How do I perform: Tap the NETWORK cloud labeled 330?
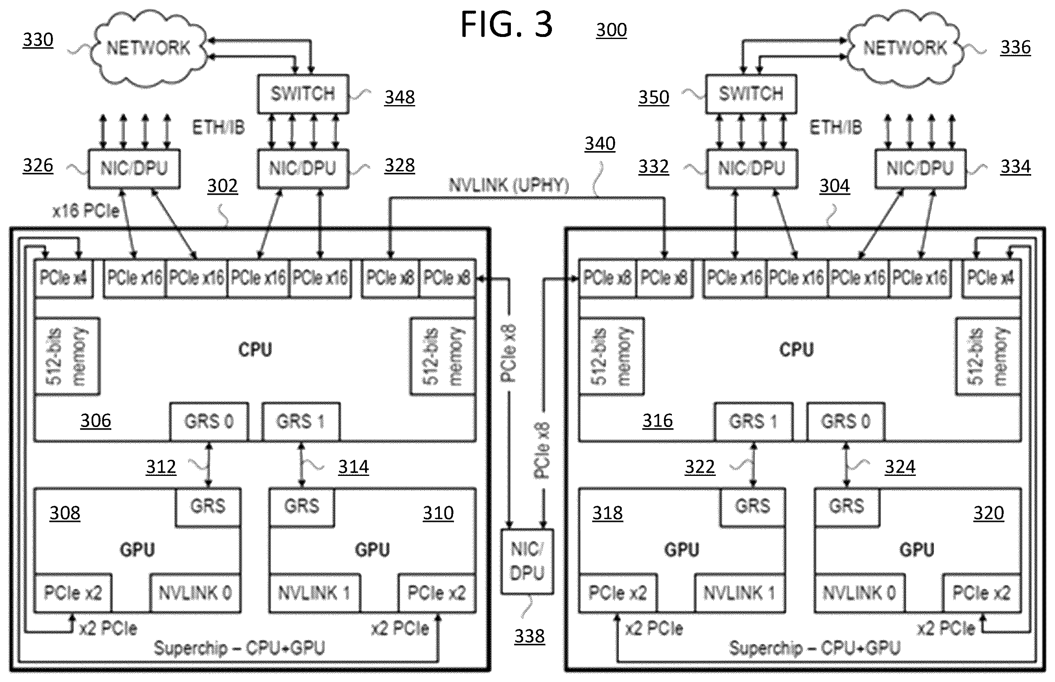click(148, 48)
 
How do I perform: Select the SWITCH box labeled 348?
click(303, 94)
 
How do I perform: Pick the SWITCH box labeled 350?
click(751, 94)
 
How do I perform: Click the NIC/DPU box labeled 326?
click(134, 169)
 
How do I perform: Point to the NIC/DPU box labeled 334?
click(920, 169)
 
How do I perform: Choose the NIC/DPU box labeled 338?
click(527, 561)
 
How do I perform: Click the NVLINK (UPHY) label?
click(508, 185)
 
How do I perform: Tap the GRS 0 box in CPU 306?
click(209, 422)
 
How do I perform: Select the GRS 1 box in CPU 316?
click(753, 422)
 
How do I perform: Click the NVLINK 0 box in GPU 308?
click(195, 593)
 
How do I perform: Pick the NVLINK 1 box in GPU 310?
click(315, 593)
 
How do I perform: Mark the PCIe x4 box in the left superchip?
click(63, 278)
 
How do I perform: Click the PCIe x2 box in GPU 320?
click(981, 593)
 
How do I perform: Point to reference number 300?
click(611, 30)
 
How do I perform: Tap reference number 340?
click(600, 143)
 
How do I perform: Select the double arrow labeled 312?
click(209, 464)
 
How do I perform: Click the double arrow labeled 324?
click(846, 464)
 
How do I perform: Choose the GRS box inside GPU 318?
click(752, 507)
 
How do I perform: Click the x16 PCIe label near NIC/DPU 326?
click(86, 211)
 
